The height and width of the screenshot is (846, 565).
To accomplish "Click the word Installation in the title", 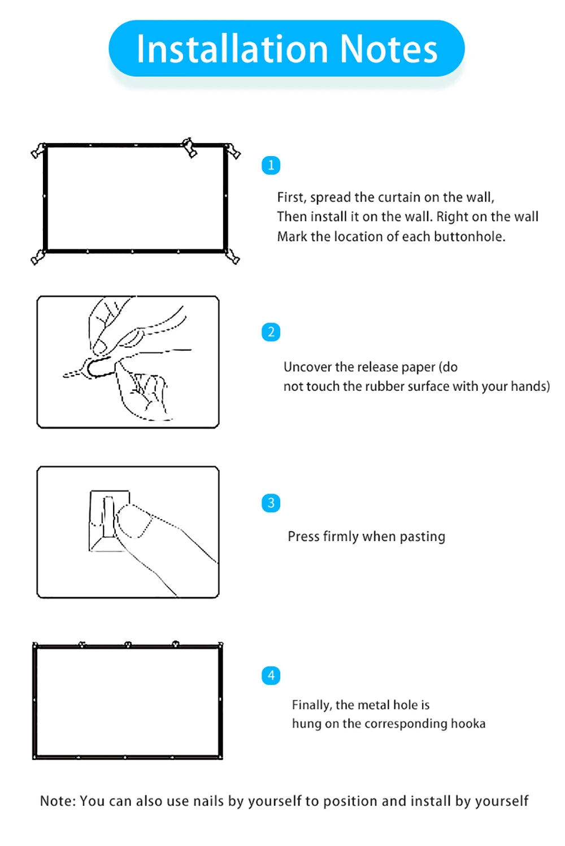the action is tap(231, 49).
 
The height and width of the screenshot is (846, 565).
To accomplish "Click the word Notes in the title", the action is tap(388, 49).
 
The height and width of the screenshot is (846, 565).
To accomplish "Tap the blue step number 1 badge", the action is tap(271, 166).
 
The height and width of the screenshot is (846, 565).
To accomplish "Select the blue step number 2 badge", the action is tap(271, 332).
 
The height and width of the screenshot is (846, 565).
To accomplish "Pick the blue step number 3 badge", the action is tap(271, 503).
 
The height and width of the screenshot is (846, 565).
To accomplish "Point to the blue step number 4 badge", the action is tap(271, 675).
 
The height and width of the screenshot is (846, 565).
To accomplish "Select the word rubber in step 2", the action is tap(386, 386).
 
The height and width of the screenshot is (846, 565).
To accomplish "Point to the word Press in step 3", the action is tap(304, 536).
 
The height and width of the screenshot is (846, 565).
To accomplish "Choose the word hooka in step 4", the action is tap(468, 724).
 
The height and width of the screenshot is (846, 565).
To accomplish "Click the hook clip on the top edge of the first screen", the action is tap(189, 148).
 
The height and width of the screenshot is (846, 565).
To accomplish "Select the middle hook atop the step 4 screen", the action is tap(128, 644).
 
